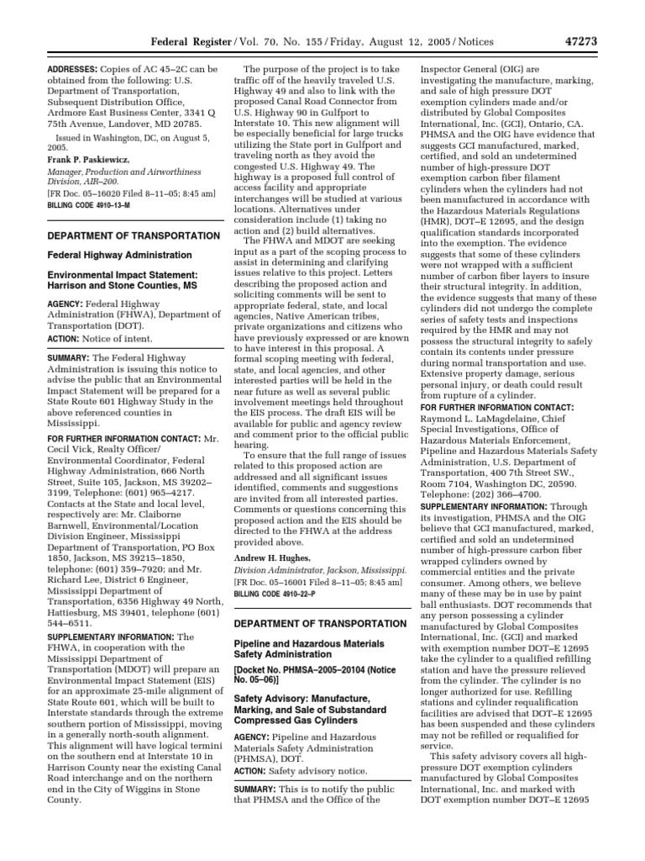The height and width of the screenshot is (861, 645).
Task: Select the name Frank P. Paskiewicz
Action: coord(86,156)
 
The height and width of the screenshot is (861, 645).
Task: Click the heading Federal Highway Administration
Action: coord(118,255)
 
